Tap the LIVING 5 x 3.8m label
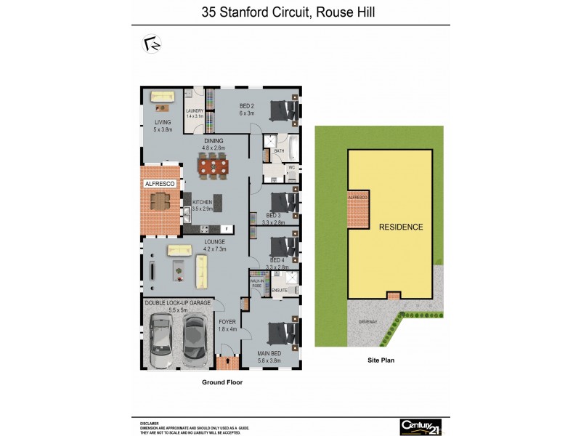pos(163,125)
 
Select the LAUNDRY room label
pos(194,113)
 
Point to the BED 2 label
pos(247,109)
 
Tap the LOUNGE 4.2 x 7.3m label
pos(214,243)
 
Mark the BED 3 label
pos(274,219)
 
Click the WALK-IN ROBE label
pos(257,283)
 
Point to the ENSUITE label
pos(280,291)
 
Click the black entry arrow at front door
pos(229,360)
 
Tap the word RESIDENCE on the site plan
pos(401,227)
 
